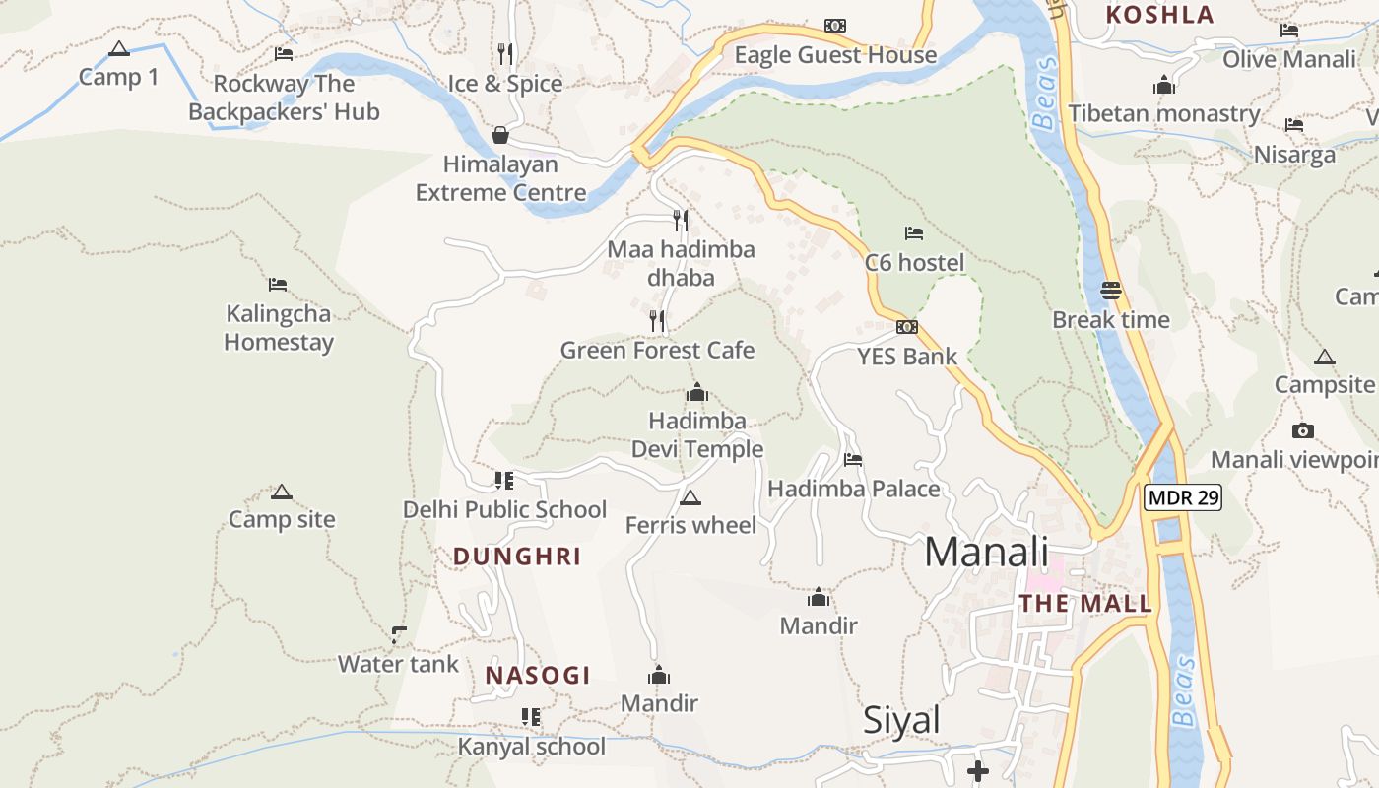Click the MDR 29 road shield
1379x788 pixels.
1183,497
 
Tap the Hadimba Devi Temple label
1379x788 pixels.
697,435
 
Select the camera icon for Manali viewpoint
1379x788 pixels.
1302,430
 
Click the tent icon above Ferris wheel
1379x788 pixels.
689,497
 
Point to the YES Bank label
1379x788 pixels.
907,356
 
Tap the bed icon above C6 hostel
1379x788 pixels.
914,233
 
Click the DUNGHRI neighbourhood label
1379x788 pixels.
517,557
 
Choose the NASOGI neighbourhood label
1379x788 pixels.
538,675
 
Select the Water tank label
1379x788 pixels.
398,664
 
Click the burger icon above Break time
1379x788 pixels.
1111,291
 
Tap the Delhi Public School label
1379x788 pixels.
504,509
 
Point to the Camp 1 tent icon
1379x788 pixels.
119,48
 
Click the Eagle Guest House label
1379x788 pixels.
835,55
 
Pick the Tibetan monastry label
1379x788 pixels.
1164,113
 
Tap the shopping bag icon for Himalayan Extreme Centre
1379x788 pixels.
500,135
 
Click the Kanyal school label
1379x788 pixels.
532,746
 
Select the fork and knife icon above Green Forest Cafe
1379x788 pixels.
657,320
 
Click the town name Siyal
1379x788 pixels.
901,720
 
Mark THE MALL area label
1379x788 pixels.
1085,603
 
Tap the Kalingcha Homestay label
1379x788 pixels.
279,328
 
